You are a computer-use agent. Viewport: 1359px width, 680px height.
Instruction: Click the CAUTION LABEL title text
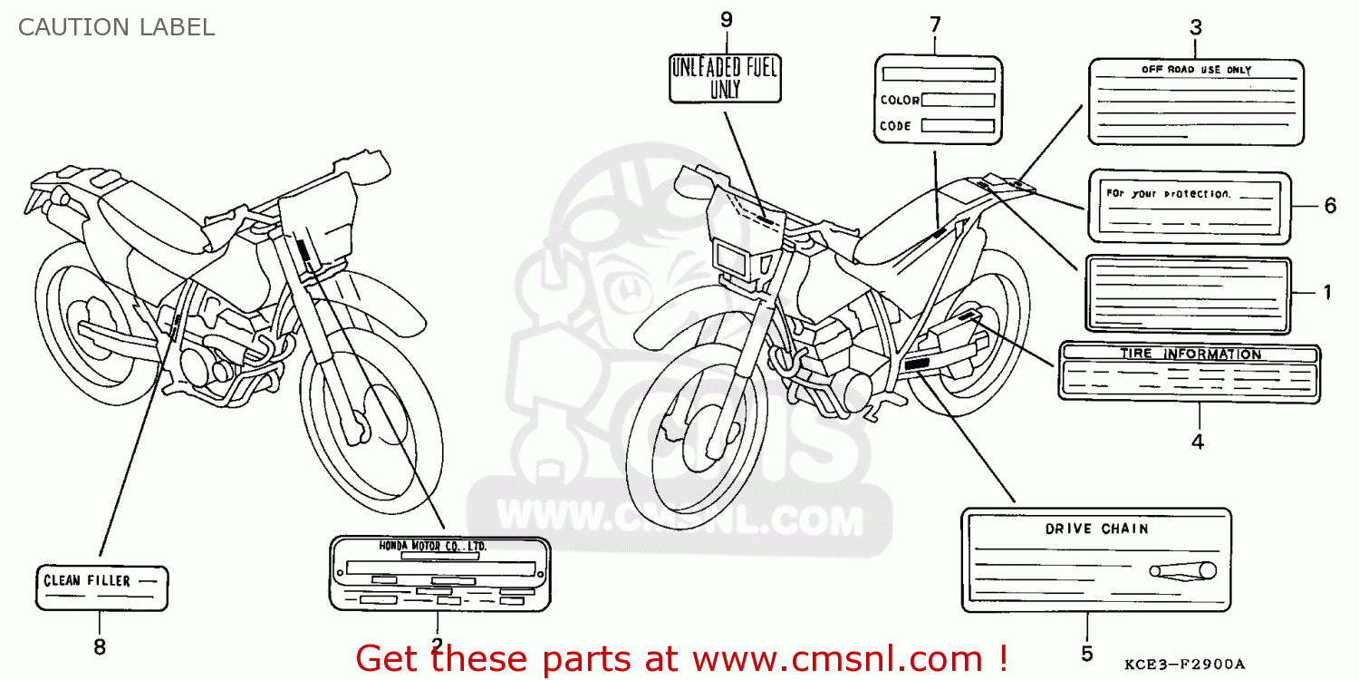[x=116, y=27]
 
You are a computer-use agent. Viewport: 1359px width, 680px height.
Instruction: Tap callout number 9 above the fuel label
[x=726, y=20]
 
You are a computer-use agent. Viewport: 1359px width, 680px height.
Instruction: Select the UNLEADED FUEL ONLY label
[x=725, y=77]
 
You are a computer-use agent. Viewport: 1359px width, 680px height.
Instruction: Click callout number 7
[x=935, y=24]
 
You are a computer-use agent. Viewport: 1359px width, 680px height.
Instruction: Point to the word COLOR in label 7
[x=899, y=101]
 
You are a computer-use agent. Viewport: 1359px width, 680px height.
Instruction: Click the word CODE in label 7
[x=895, y=126]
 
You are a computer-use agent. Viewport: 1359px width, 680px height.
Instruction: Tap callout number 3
[x=1195, y=27]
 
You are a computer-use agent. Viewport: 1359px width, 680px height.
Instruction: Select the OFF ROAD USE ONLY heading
[x=1195, y=70]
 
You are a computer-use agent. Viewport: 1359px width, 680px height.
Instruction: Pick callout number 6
[x=1329, y=206]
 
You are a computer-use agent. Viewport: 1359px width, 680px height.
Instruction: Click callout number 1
[x=1326, y=292]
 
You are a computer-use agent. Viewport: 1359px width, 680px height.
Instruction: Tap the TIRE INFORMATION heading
[x=1190, y=354]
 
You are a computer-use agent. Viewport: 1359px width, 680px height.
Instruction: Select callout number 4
[x=1197, y=442]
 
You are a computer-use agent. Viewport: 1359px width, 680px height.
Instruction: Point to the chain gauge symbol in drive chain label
[x=1183, y=570]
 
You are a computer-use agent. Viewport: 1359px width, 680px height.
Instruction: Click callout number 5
[x=1086, y=653]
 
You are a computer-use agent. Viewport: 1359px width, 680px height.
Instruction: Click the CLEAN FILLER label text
[x=87, y=580]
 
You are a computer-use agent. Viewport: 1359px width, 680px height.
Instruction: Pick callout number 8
[x=99, y=646]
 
